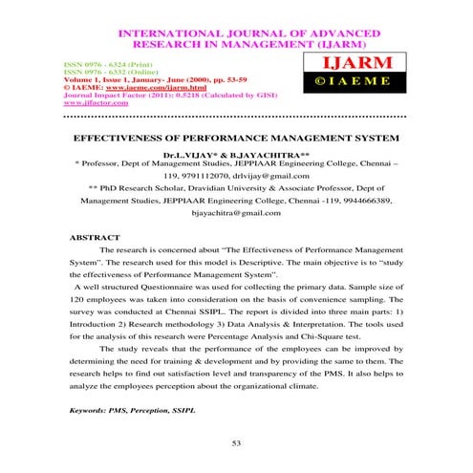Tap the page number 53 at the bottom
coord(237,442)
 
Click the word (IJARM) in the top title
coord(324,43)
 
